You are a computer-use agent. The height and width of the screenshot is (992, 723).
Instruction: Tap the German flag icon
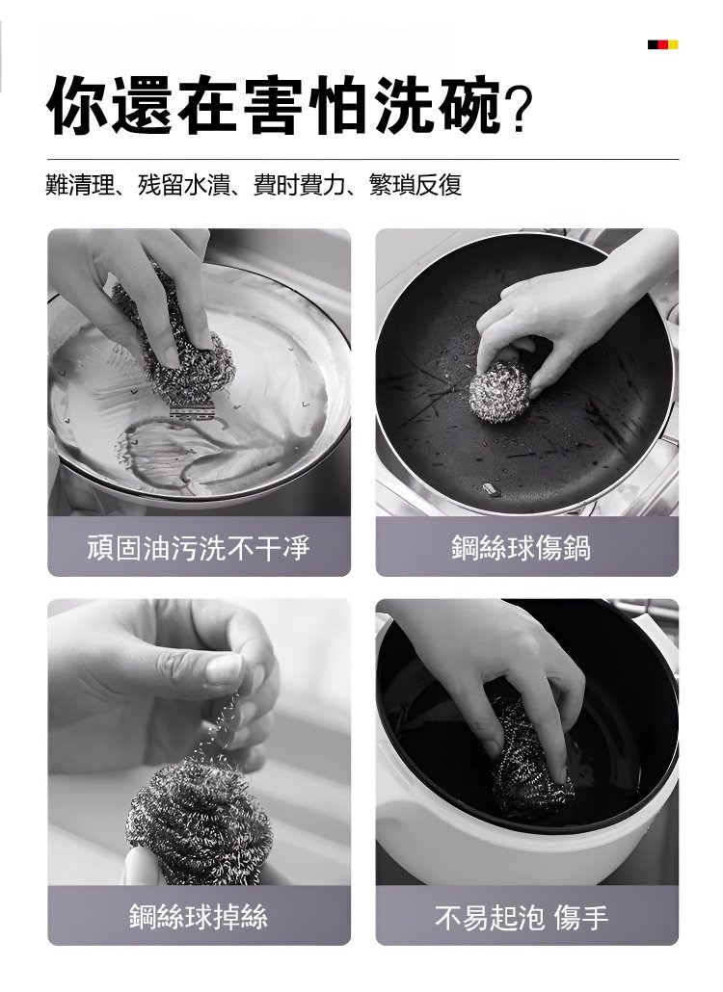click(x=663, y=45)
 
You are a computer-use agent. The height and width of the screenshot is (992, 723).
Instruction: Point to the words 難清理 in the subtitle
click(x=80, y=185)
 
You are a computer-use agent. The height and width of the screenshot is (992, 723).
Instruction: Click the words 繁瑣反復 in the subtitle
click(x=415, y=185)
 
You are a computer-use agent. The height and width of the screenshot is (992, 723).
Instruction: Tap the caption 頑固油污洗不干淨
click(x=199, y=547)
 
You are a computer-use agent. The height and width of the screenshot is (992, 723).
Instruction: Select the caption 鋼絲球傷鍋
click(x=521, y=547)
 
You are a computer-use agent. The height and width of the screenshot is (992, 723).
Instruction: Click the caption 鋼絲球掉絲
click(x=199, y=917)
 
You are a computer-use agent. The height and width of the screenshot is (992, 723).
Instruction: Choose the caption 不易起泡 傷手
click(x=521, y=917)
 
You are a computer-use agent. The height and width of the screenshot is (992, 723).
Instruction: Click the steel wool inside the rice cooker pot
click(x=530, y=763)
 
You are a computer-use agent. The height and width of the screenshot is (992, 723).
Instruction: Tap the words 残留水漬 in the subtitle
click(x=183, y=185)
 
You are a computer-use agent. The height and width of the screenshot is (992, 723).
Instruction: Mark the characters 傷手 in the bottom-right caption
click(x=581, y=917)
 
